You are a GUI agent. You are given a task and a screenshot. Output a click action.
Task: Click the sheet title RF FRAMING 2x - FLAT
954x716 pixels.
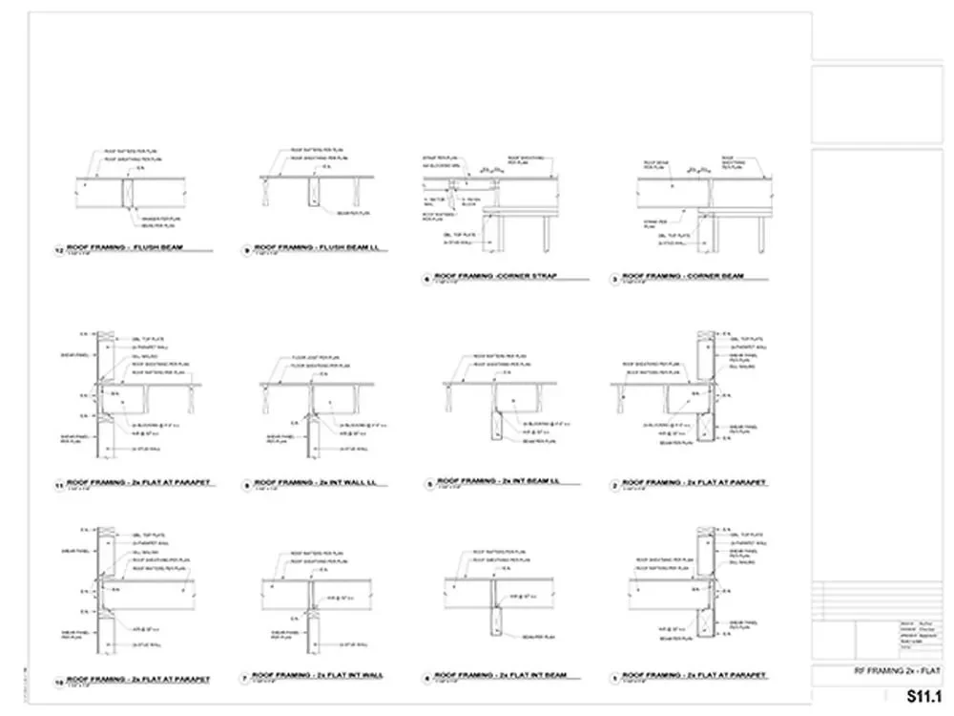click(x=898, y=672)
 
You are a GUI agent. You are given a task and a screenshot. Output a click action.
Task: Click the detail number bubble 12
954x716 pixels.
click(x=59, y=251)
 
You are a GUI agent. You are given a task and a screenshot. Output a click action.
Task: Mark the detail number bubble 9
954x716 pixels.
click(x=246, y=251)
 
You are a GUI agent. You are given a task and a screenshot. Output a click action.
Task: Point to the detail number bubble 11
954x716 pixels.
click(x=59, y=486)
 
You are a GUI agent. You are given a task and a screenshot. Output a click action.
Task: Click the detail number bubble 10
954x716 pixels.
click(x=59, y=680)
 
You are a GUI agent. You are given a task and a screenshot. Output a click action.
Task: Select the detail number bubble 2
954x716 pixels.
click(x=615, y=484)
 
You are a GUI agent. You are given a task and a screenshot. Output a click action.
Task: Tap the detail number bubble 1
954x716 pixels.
click(x=615, y=677)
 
